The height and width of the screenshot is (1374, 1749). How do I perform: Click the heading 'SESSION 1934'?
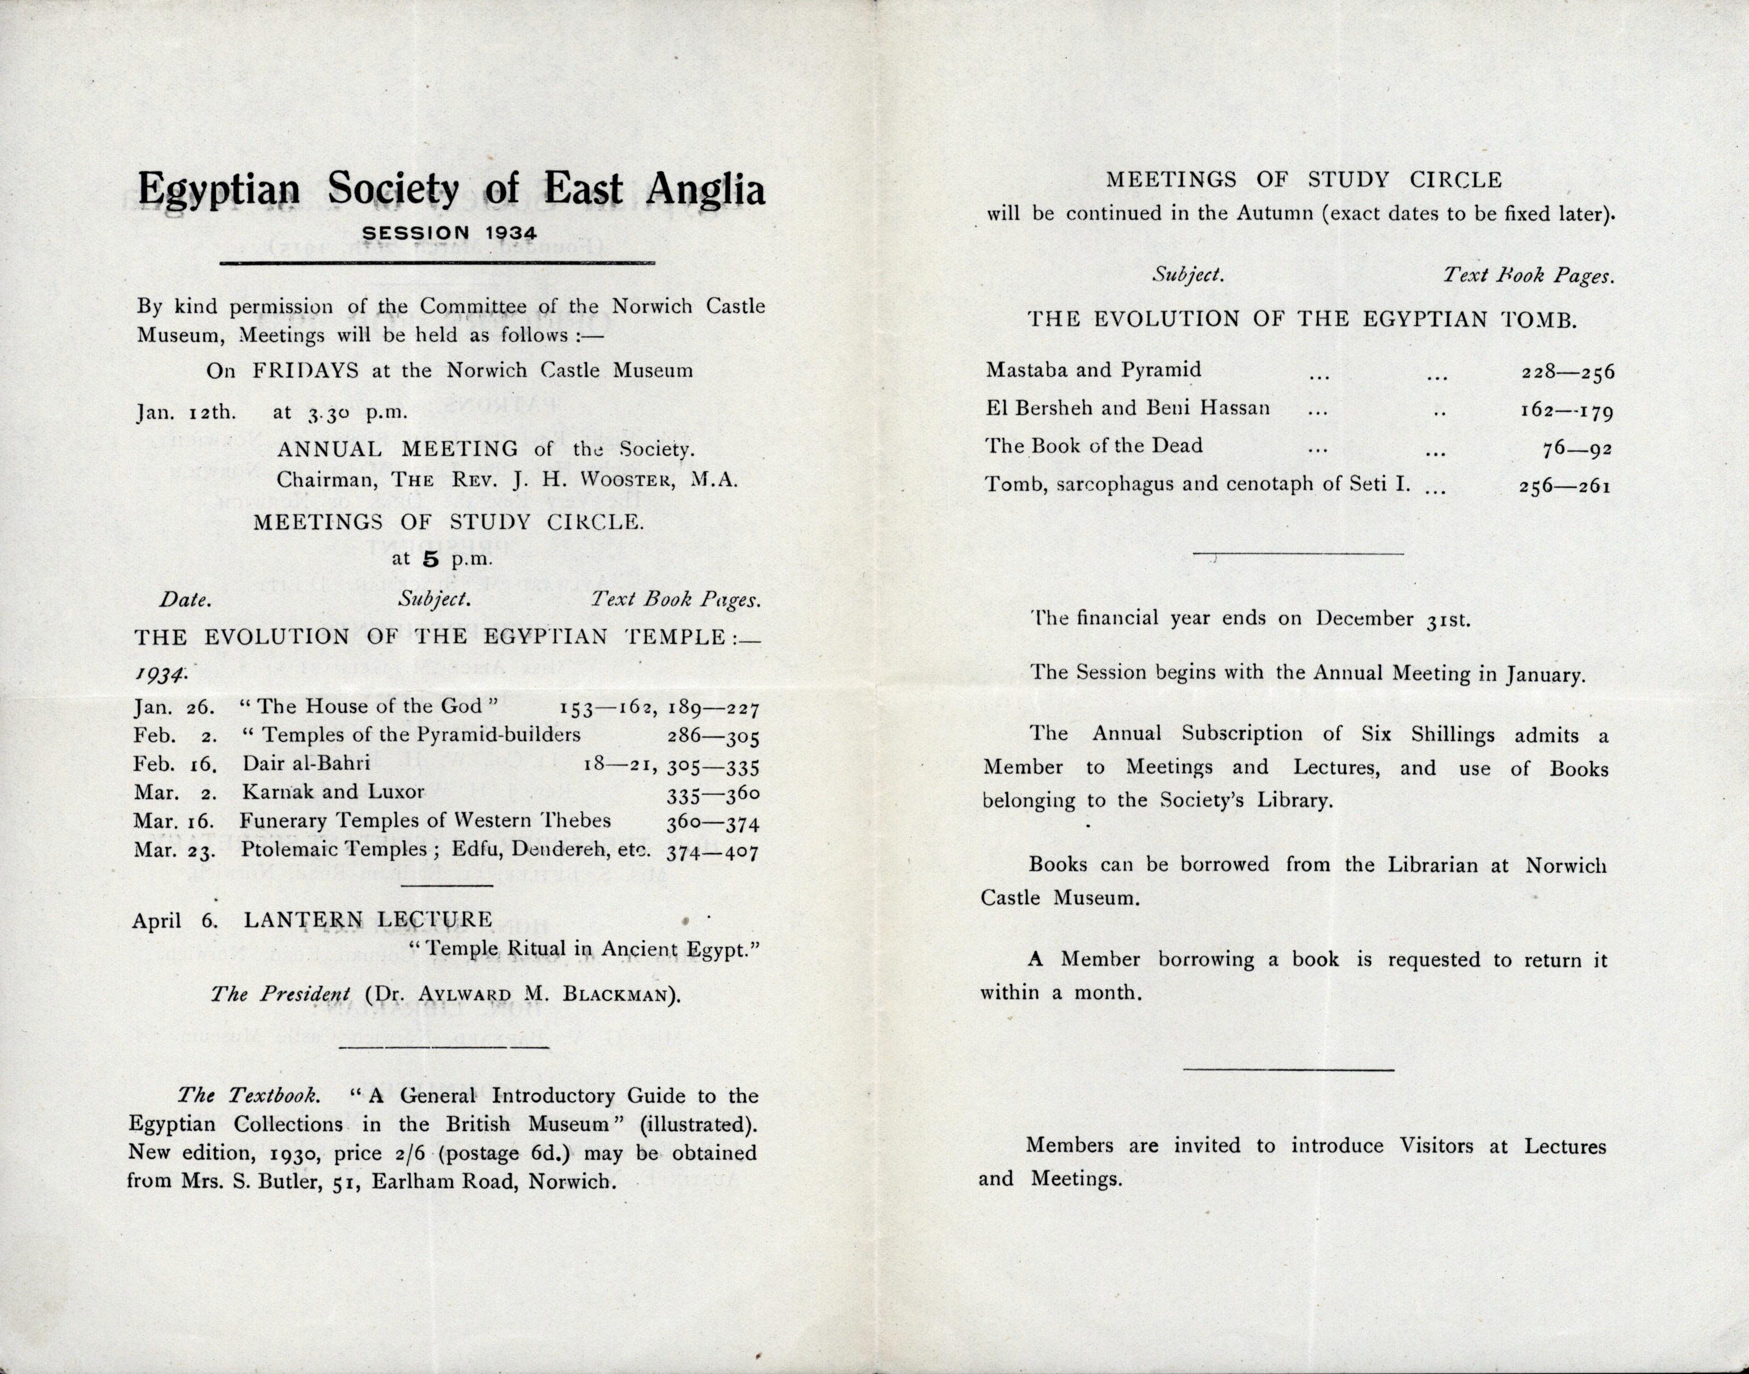[449, 232]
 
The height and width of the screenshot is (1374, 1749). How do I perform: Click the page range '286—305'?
[713, 737]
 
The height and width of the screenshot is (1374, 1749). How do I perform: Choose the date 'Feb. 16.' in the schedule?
[173, 764]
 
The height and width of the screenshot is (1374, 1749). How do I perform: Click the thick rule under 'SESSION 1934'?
[437, 262]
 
